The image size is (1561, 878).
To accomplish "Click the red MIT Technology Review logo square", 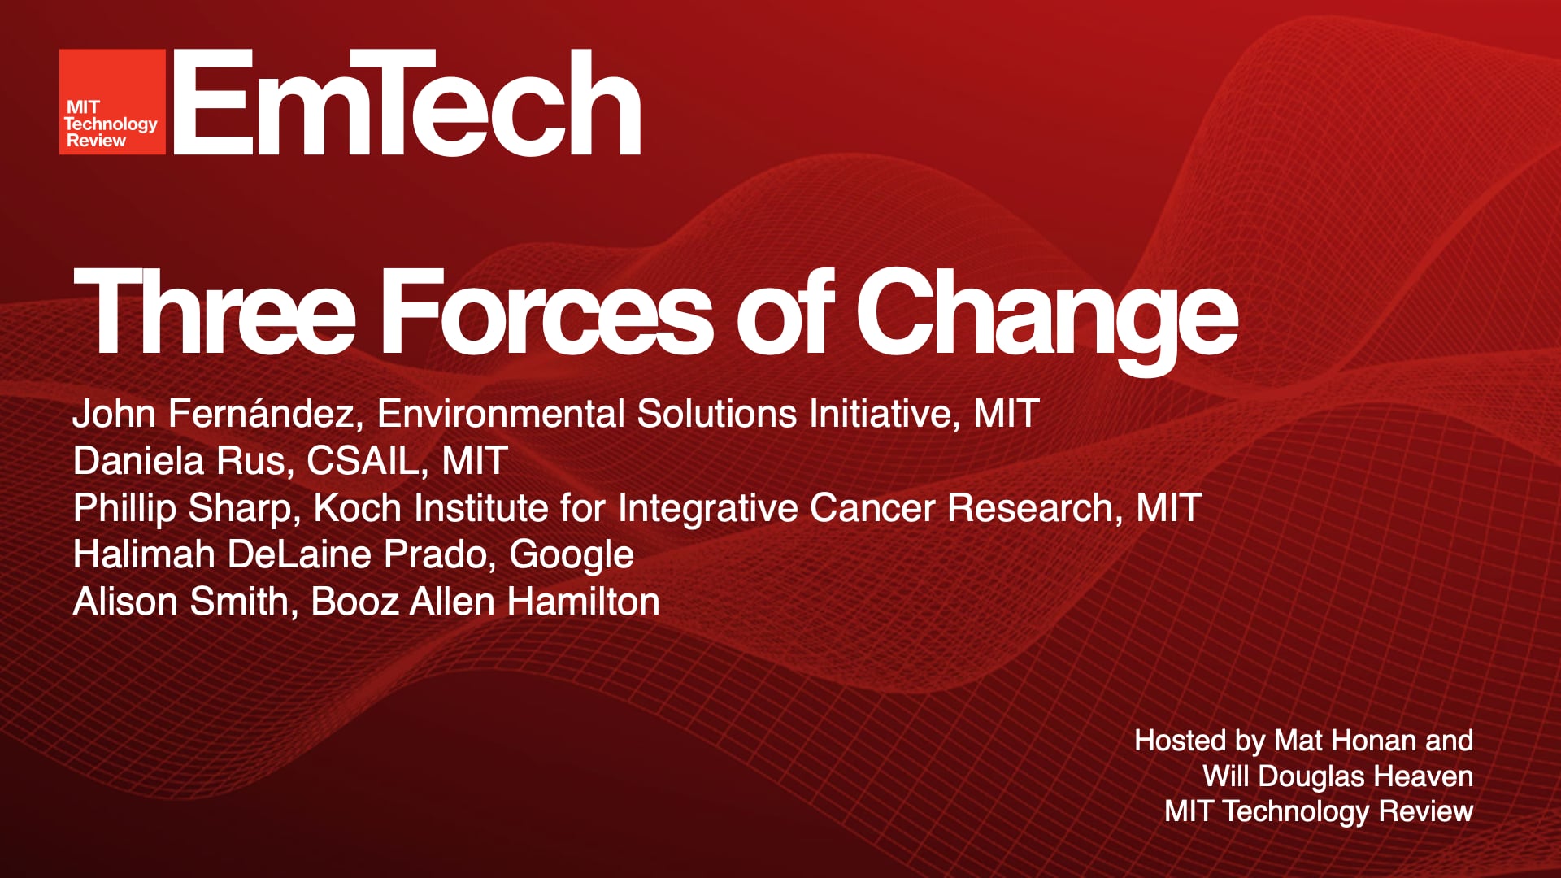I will [x=112, y=102].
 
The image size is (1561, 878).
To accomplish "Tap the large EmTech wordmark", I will [x=407, y=102].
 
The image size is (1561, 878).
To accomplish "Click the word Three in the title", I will [x=215, y=313].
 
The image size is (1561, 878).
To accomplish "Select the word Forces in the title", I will [x=546, y=313].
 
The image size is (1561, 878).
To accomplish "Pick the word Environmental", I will [x=500, y=414].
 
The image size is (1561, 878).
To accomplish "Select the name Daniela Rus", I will [x=180, y=461].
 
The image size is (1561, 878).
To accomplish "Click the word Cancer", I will [x=872, y=508].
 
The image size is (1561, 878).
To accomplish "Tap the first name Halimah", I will [x=144, y=555].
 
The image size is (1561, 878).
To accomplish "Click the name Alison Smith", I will [x=180, y=602].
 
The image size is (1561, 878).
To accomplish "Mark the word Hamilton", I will [x=583, y=602].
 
